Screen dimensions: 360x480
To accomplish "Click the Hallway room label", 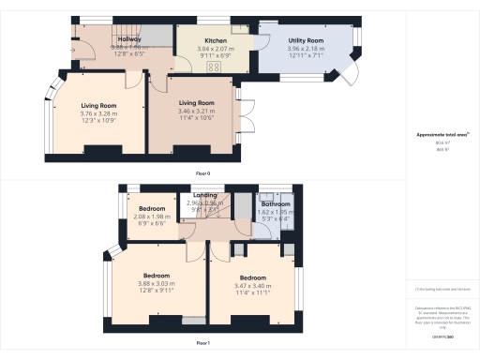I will click(x=128, y=39).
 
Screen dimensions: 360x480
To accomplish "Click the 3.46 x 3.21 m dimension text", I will click(x=197, y=112).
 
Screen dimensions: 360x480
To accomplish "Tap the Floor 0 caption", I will click(x=202, y=173).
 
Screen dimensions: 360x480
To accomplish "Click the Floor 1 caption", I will click(x=202, y=344).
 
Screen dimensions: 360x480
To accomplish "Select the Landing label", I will click(x=204, y=195).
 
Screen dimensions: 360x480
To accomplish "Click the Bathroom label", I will click(x=276, y=203).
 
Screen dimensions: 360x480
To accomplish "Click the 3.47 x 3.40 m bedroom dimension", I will click(x=253, y=287).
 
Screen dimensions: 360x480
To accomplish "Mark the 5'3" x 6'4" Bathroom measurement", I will click(x=276, y=218).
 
